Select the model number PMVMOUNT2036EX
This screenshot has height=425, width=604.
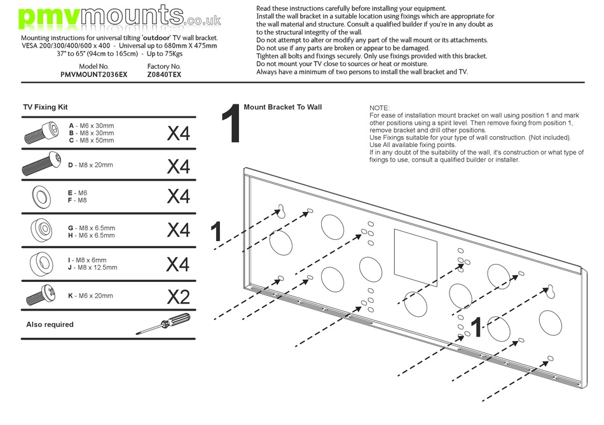pos(94,74)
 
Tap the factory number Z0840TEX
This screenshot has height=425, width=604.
pos(164,74)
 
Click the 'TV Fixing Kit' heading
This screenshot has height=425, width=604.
pos(45,108)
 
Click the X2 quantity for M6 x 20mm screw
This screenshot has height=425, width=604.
pos(178,296)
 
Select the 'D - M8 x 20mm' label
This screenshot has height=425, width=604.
pos(90,165)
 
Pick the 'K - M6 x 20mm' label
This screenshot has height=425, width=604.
pos(90,296)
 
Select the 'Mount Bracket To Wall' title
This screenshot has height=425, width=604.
pos(282,108)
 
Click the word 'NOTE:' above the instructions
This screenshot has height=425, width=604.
pos(380,109)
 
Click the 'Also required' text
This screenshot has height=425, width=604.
pos(50,324)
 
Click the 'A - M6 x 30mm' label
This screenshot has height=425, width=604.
pos(92,126)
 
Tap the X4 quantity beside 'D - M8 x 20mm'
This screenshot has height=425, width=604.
pos(178,166)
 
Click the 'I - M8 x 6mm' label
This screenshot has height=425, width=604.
pos(88,260)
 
